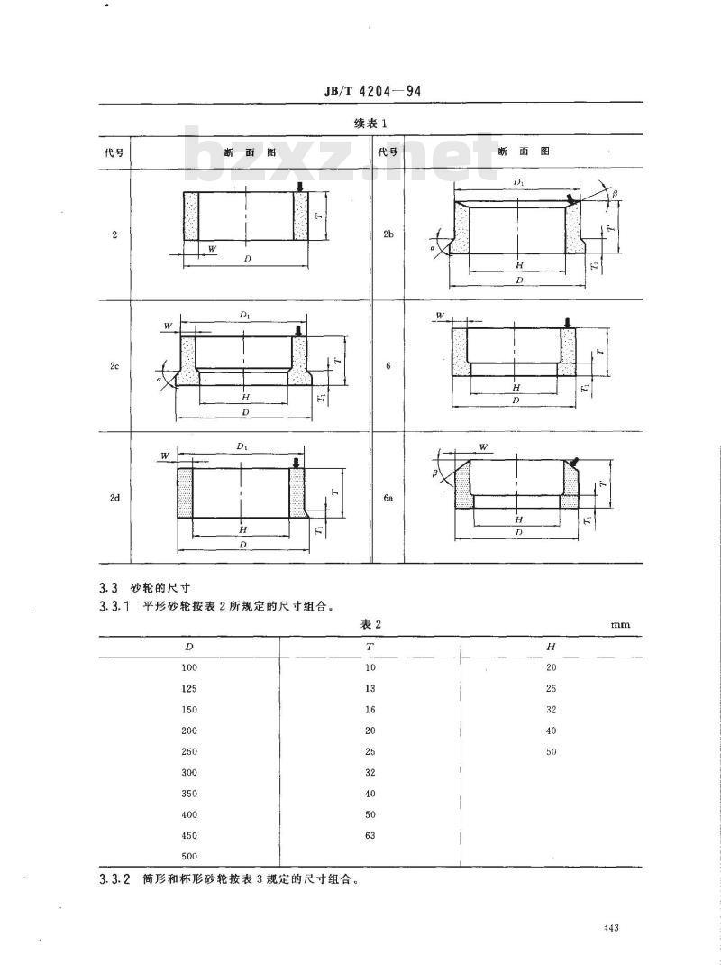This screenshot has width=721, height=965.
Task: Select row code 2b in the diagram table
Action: pyautogui.click(x=388, y=234)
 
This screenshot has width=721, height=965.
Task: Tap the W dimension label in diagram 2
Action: pyautogui.click(x=212, y=248)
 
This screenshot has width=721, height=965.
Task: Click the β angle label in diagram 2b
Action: pyautogui.click(x=615, y=194)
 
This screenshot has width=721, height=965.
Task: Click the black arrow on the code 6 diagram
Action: pyautogui.click(x=567, y=322)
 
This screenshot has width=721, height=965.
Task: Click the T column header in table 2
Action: pyautogui.click(x=370, y=647)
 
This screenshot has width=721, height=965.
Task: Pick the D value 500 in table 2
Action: pyautogui.click(x=189, y=856)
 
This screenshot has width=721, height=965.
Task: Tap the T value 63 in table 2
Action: pyautogui.click(x=370, y=835)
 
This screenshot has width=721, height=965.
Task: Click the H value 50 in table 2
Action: pyautogui.click(x=552, y=751)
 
